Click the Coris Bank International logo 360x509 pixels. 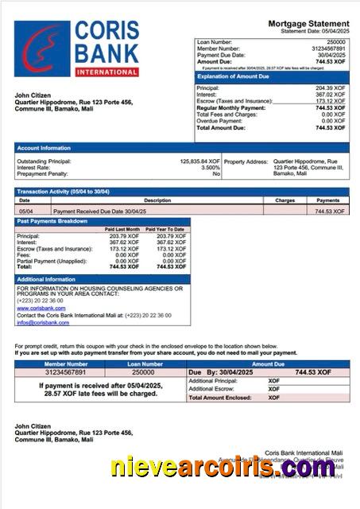(76, 48)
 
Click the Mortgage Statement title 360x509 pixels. (308, 25)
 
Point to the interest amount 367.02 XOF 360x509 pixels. (330, 94)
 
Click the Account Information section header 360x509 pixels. (44, 148)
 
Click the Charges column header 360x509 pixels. (285, 200)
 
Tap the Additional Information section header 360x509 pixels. (46, 280)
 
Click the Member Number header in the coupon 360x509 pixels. (65, 363)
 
